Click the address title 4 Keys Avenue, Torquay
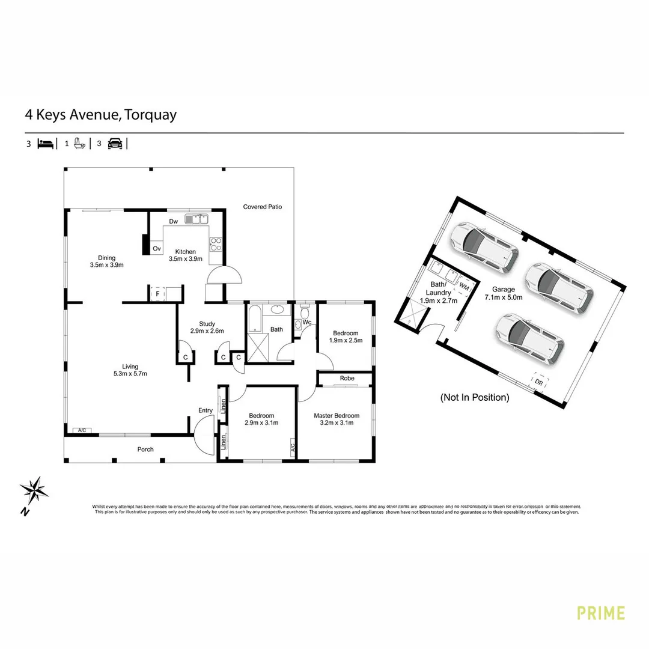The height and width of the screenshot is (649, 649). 100,114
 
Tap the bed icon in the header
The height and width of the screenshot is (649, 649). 46,144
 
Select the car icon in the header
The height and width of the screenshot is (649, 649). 114,144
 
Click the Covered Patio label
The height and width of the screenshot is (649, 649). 262,207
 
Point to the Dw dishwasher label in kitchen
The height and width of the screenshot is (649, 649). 174,222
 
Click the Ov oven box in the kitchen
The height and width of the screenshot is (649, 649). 157,248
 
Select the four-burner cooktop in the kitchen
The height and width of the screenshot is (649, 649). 215,244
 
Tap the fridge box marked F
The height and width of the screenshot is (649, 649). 157,294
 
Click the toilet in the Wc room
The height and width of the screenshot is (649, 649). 305,313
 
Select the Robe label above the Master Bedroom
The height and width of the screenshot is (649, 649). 347,379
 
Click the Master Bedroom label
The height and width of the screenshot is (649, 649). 337,415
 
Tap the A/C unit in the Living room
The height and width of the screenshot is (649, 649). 82,430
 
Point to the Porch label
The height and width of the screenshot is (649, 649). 145,449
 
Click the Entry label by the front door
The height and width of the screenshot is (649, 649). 206,410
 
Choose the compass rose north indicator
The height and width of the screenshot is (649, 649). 35,492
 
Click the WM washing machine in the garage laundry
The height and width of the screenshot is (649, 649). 464,288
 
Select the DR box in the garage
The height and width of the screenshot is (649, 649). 539,382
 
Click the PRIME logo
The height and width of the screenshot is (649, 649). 600,613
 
